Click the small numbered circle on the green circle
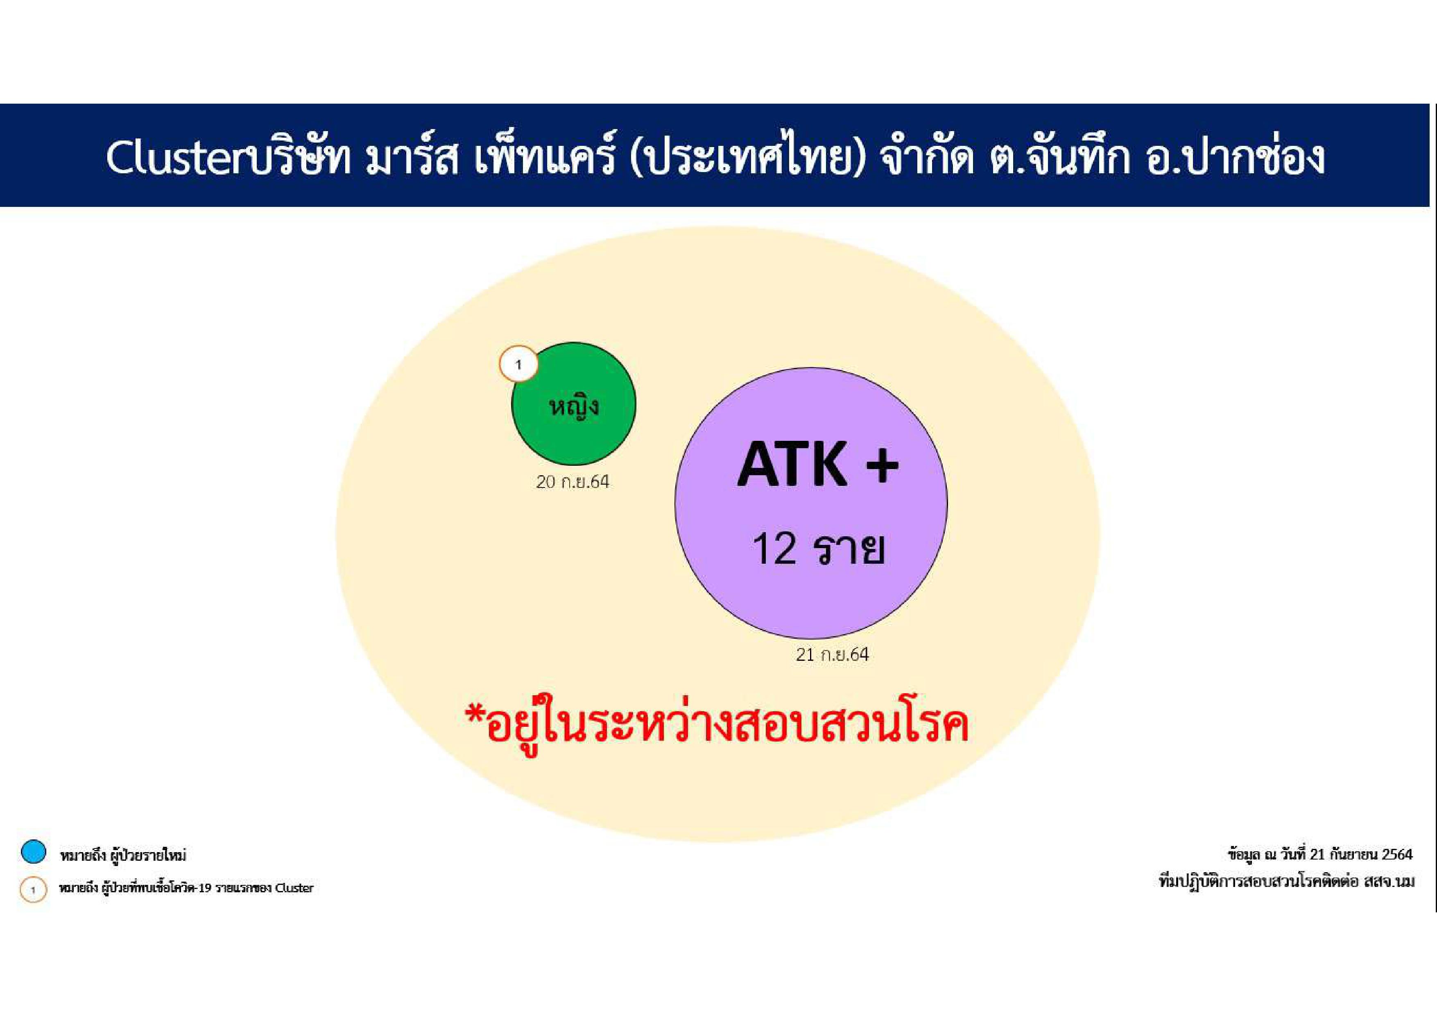point(518,364)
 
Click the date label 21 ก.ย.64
point(833,655)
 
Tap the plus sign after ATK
point(883,465)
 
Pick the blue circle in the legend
point(33,852)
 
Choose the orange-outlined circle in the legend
point(33,889)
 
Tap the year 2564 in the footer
point(1397,855)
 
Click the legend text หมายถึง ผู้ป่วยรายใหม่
point(123,855)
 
